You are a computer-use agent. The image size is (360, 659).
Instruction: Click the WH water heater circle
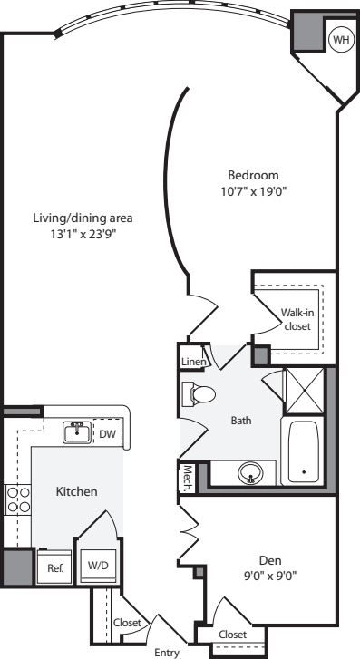pyautogui.click(x=341, y=40)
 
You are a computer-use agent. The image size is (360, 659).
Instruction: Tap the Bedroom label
pyautogui.click(x=253, y=175)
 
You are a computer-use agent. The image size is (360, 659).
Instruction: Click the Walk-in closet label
pyautogui.click(x=297, y=319)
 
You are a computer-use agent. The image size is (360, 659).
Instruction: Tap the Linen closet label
pyautogui.click(x=193, y=363)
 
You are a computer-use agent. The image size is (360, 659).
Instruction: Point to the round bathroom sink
pyautogui.click(x=250, y=472)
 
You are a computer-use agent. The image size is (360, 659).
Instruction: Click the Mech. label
pyautogui.click(x=186, y=478)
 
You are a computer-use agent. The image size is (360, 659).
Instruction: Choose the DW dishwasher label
pyautogui.click(x=107, y=433)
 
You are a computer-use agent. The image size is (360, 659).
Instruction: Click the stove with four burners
pyautogui.click(x=18, y=500)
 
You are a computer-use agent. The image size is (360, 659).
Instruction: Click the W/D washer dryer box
pyautogui.click(x=96, y=565)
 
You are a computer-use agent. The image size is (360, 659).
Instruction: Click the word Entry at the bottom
pyautogui.click(x=166, y=652)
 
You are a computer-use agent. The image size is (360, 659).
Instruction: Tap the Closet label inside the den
pyautogui.click(x=233, y=635)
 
